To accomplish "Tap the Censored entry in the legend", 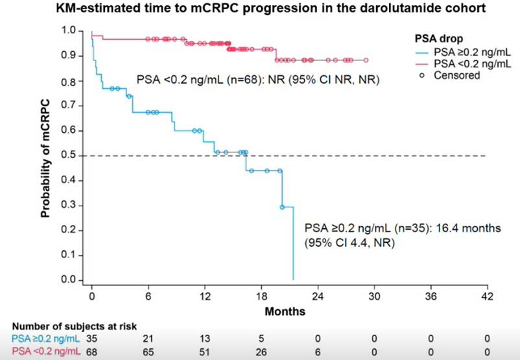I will pyautogui.click(x=458, y=75).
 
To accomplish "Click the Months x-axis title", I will pyautogui.click(x=285, y=311).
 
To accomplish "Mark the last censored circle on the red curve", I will pyautogui.click(x=366, y=60).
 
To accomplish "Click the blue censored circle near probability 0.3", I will pyautogui.click(x=282, y=207).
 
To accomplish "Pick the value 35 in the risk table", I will pyautogui.click(x=92, y=338).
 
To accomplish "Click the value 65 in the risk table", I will pyautogui.click(x=148, y=351).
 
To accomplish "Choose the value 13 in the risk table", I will pyautogui.click(x=206, y=338).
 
